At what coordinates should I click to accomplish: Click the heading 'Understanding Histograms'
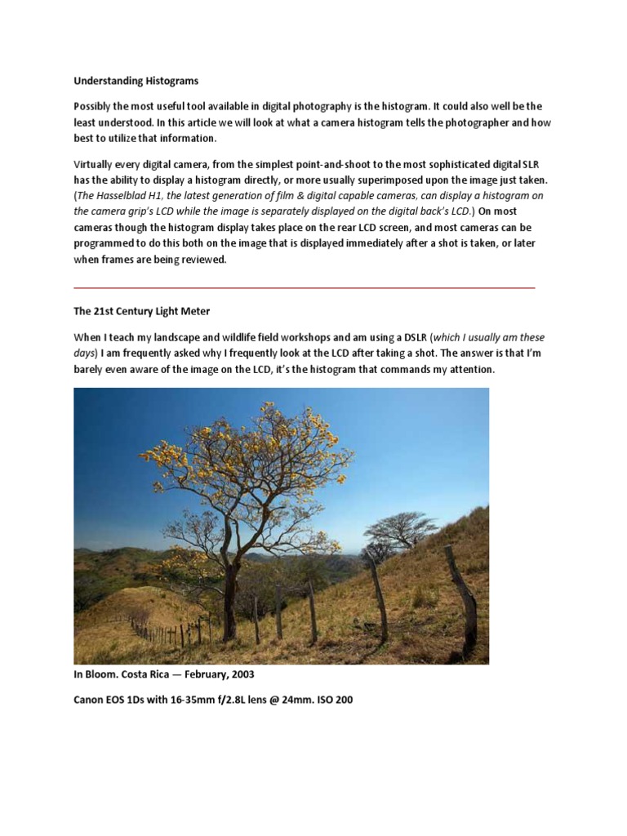(136, 81)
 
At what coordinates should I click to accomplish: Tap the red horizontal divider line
(304, 287)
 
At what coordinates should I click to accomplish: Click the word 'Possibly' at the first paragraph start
(95, 106)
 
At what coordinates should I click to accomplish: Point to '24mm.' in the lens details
(296, 700)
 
